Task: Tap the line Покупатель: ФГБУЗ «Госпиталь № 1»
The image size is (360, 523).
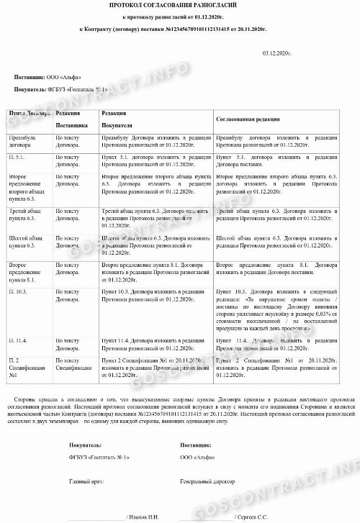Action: pos(61,89)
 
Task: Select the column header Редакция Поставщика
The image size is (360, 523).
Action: pos(73,119)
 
